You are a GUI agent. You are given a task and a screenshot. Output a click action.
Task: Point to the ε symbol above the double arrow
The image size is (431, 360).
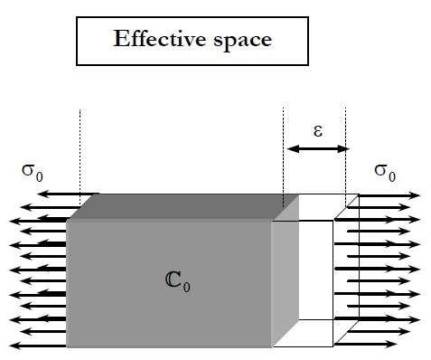coord(316,128)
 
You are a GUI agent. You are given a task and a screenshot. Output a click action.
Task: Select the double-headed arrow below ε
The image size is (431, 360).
coord(315,148)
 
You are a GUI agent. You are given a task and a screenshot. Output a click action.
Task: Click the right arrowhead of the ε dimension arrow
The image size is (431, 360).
coord(342,148)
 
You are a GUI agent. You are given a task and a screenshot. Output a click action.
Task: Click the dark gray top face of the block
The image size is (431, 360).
coord(172,207)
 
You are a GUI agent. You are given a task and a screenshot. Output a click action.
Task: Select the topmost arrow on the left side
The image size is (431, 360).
coord(50,194)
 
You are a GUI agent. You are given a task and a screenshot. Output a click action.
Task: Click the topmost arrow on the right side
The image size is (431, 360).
coord(384,194)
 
